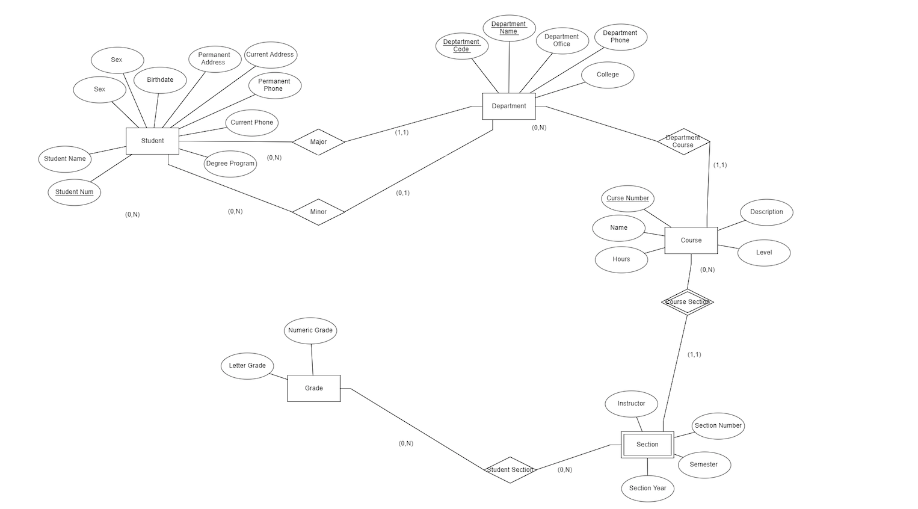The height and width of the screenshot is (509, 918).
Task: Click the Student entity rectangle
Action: [x=152, y=141]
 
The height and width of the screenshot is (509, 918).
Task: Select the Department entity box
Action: [x=508, y=106]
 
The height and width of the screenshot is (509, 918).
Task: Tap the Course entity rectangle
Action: [x=691, y=240]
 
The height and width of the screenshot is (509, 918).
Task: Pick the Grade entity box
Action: [x=313, y=388]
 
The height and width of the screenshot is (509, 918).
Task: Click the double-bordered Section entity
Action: [x=647, y=445]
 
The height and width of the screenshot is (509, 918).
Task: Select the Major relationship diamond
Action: [x=318, y=142]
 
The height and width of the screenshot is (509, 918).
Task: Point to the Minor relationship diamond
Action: [x=318, y=212]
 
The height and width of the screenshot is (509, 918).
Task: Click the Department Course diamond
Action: [x=683, y=141]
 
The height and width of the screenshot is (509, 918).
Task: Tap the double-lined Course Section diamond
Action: [x=687, y=302]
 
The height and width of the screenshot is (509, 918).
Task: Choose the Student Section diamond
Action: [x=510, y=470]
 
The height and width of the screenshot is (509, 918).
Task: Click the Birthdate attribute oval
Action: [x=160, y=80]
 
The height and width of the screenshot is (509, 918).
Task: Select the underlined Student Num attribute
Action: [x=74, y=192]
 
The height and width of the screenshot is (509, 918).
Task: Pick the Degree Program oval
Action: [x=230, y=164]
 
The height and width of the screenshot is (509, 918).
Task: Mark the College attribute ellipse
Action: [x=608, y=75]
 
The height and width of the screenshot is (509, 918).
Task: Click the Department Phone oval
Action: [x=620, y=37]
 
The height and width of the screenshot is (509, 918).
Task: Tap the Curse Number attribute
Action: [x=627, y=199]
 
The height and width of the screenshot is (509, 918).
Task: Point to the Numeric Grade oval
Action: [x=310, y=330]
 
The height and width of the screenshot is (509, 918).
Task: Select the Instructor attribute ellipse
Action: [x=631, y=404]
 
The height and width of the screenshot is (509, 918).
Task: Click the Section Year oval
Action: [x=647, y=489]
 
